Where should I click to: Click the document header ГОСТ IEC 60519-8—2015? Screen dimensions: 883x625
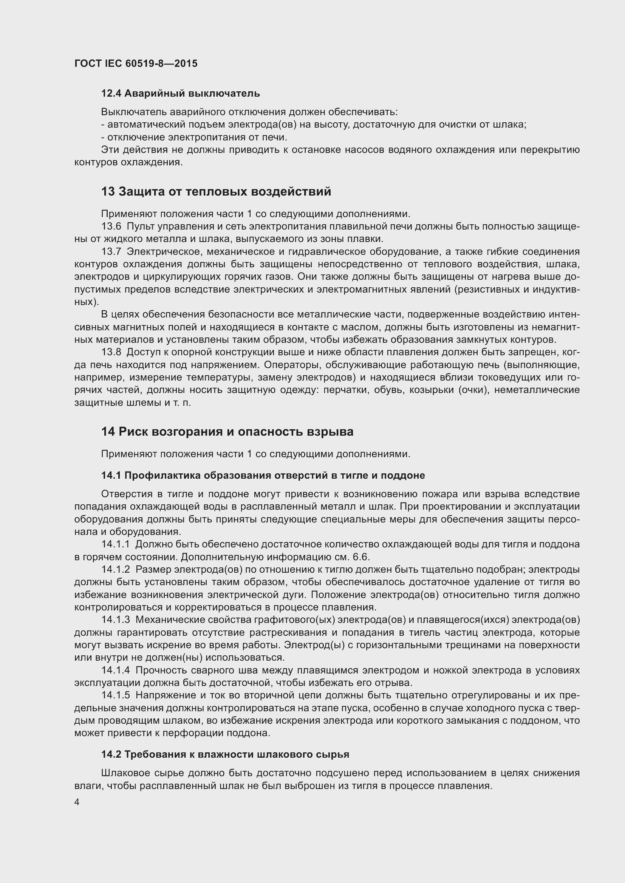pyautogui.click(x=136, y=63)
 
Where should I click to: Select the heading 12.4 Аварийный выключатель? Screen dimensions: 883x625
pyautogui.click(x=180, y=94)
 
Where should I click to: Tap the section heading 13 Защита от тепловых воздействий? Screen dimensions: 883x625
pyautogui.click(x=215, y=191)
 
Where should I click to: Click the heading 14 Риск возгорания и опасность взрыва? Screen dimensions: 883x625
pyautogui.click(x=227, y=432)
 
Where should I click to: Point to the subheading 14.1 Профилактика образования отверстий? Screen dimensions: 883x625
pyautogui.click(x=263, y=476)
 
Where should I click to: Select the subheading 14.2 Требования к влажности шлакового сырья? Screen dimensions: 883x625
pyautogui.click(x=225, y=755)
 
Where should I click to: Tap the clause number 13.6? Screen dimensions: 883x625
pyautogui.click(x=111, y=227)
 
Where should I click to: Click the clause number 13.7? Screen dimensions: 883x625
pyautogui.click(x=111, y=252)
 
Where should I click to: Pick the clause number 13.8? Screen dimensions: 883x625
pyautogui.click(x=111, y=352)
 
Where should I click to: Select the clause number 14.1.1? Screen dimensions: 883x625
pyautogui.click(x=116, y=545)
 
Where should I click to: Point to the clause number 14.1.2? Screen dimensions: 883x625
pyautogui.click(x=116, y=570)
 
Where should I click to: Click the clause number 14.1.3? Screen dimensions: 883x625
pyautogui.click(x=116, y=620)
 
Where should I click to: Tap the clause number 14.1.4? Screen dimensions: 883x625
pyautogui.click(x=116, y=671)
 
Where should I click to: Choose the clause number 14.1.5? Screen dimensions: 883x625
pyautogui.click(x=116, y=696)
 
